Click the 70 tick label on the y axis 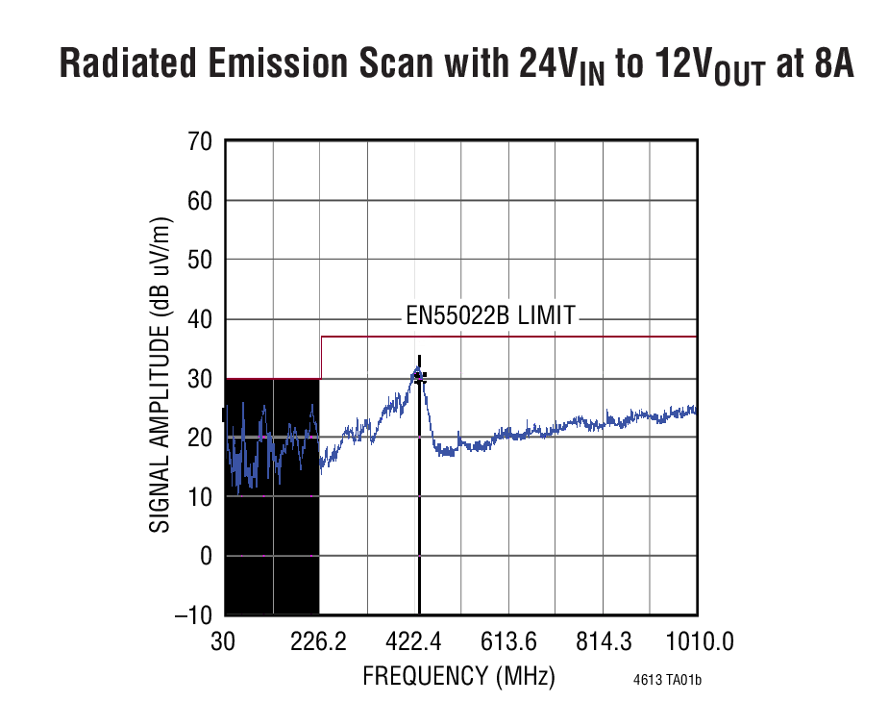199,142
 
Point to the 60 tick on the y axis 199,201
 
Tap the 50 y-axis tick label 199,261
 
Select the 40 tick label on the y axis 199,319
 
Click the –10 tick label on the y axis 192,615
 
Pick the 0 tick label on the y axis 205,556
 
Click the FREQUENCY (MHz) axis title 458,676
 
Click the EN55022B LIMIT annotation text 490,314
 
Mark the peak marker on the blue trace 418,374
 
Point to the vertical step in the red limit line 320,358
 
